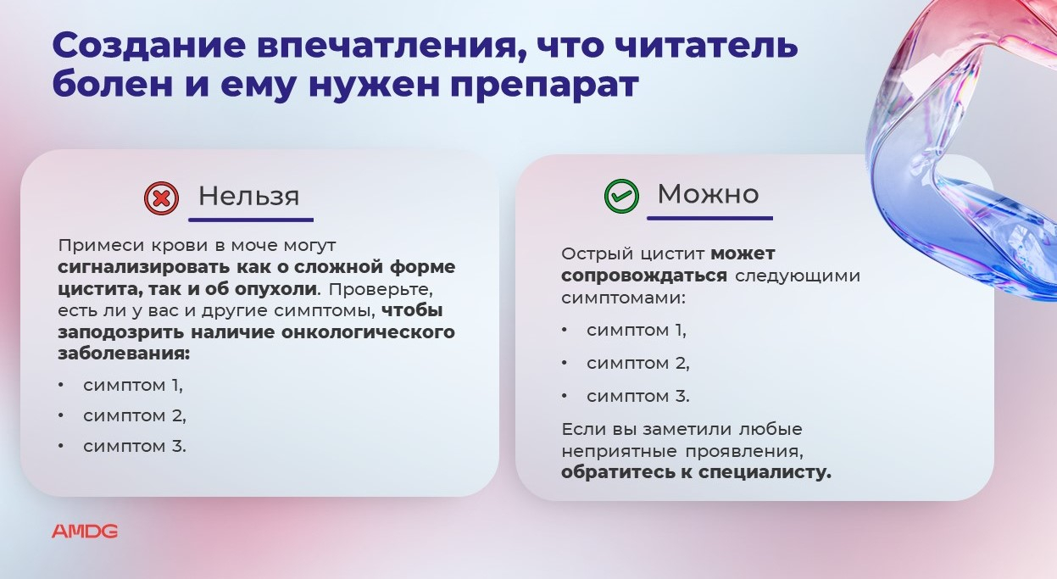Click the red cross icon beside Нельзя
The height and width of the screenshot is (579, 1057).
coord(161,198)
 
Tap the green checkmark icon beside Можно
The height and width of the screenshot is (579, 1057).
coord(621,196)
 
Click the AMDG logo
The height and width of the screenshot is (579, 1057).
coord(85,532)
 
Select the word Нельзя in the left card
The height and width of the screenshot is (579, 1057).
coord(248,196)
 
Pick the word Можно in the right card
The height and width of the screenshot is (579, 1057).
coord(708,193)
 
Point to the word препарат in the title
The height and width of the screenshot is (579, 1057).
coord(544,86)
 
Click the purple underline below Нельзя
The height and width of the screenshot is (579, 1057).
coord(251,220)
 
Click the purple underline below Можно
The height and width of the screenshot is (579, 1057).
coord(709,218)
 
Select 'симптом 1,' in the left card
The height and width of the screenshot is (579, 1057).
coord(133,386)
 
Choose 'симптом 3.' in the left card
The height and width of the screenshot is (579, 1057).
coord(135,447)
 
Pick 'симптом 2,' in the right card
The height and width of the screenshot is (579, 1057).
coord(638,364)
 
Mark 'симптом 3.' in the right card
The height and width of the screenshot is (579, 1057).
coord(638,397)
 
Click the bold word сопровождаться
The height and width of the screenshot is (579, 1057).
coord(644,276)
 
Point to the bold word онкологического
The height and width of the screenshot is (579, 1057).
coord(368,332)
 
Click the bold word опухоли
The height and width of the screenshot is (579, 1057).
coord(276,289)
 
